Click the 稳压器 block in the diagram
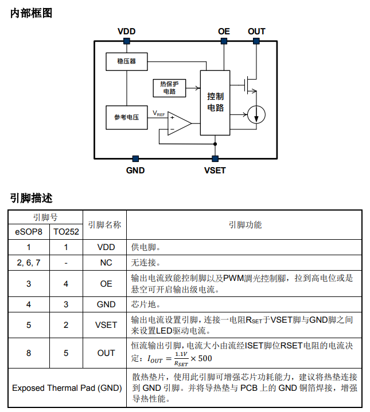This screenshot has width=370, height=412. click(x=126, y=61)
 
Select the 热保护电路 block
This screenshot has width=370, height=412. click(x=169, y=88)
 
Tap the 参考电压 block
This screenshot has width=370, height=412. click(x=126, y=117)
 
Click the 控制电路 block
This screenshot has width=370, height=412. click(x=215, y=102)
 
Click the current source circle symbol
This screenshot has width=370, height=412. click(x=256, y=116)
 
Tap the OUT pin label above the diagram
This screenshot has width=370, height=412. click(x=256, y=31)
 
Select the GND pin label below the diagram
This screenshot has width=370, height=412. click(x=135, y=170)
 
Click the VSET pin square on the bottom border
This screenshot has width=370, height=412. click(x=215, y=159)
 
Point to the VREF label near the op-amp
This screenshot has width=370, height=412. click(x=158, y=113)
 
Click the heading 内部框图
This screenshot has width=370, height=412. click(x=32, y=13)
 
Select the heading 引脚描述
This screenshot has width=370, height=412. click(x=32, y=198)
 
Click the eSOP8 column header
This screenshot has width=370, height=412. click(x=29, y=232)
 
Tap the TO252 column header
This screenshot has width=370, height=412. click(x=66, y=232)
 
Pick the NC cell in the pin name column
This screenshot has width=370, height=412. click(x=106, y=263)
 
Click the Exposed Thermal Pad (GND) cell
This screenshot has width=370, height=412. click(x=67, y=388)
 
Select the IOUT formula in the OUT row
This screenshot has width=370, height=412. click(x=179, y=359)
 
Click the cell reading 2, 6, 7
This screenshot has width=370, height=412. click(x=29, y=263)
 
